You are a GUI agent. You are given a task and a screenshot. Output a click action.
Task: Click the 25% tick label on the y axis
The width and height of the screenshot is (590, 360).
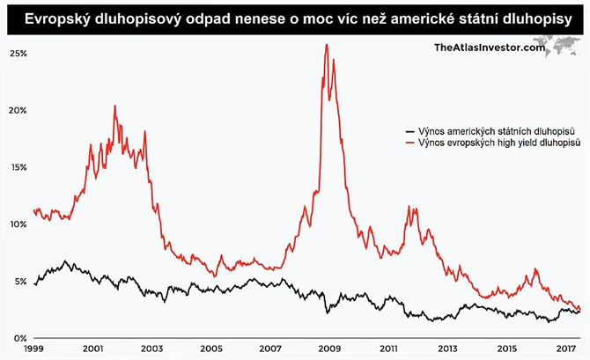(18, 53)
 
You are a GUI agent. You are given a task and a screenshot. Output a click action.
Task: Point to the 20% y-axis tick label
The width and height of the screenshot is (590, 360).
(18, 110)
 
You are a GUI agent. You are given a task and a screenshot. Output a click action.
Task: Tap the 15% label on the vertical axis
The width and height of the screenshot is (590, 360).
(18, 167)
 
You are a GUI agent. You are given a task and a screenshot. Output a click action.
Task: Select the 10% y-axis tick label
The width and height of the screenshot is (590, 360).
(18, 224)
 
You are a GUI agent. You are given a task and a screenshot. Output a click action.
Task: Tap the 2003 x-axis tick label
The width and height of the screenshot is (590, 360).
(151, 349)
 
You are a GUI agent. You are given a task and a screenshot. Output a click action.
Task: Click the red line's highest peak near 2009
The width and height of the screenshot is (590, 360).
(327, 45)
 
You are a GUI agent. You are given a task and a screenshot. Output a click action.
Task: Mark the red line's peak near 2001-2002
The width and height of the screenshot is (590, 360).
(114, 106)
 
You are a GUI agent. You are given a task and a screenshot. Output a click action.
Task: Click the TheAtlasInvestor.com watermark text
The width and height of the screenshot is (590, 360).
(490, 48)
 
